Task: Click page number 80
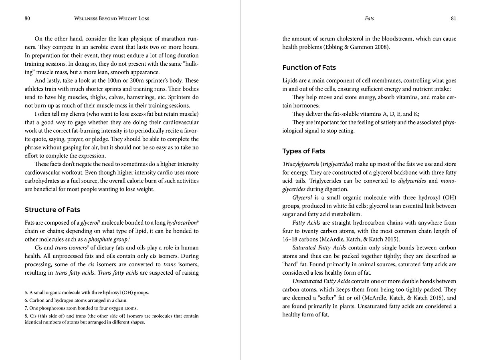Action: click(x=27, y=18)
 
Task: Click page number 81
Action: click(x=453, y=18)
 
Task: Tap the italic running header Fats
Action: click(x=369, y=18)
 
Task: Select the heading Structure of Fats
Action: click(x=52, y=209)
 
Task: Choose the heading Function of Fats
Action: click(x=309, y=67)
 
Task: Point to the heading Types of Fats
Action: click(x=303, y=151)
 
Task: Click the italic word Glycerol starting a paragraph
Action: click(x=302, y=198)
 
